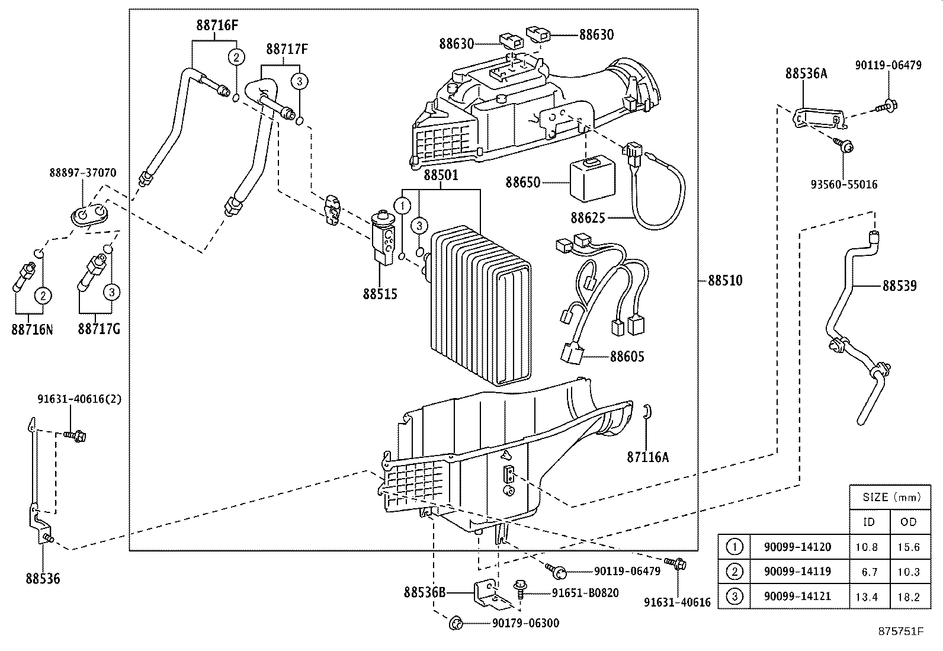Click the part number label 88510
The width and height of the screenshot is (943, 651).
725,281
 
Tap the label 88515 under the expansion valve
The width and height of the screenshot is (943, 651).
380,294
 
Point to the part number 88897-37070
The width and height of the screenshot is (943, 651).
82,172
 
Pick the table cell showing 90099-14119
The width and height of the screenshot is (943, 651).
797,572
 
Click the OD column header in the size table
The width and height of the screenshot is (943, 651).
908,522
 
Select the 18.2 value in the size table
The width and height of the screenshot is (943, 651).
908,597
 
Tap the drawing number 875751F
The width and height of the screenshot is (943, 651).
901,631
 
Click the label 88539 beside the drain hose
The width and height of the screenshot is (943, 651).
899,286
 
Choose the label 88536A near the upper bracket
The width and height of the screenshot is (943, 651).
806,73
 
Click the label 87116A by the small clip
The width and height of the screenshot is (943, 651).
648,457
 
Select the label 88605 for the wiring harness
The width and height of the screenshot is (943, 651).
627,357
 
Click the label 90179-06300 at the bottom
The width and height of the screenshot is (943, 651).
525,623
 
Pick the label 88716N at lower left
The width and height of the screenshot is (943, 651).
31,329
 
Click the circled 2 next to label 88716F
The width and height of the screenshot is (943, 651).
236,57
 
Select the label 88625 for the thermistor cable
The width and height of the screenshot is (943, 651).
588,218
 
